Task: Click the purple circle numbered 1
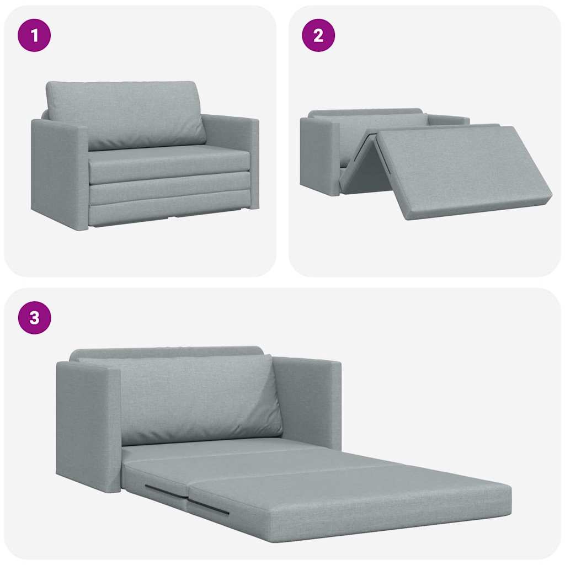[34, 35]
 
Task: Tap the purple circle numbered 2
[318, 35]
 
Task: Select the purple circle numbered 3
[34, 318]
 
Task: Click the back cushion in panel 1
[126, 113]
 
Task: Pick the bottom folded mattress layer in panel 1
[168, 212]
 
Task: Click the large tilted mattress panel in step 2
[463, 168]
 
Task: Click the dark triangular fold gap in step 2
[367, 166]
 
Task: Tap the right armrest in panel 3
[309, 400]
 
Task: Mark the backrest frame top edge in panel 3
[166, 351]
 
